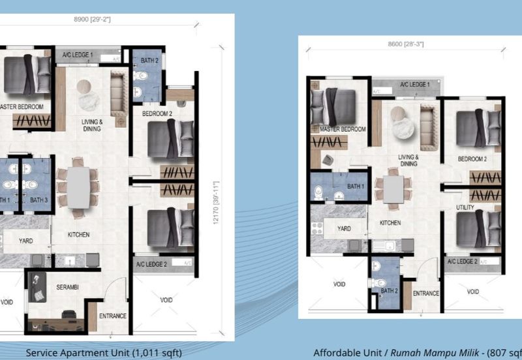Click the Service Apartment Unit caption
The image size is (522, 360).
tap(104, 353)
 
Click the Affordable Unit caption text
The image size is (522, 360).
tap(418, 353)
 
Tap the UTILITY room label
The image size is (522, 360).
tap(465, 207)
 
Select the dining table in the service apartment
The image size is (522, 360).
tap(78, 187)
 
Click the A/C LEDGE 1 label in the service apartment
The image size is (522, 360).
tap(78, 55)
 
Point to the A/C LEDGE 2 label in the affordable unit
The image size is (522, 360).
tap(463, 262)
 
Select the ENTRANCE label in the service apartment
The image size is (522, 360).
tap(112, 316)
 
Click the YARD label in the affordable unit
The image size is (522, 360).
tap(343, 229)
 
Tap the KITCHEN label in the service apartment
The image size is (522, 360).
tap(78, 235)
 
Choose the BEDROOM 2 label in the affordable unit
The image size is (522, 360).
tap(472, 158)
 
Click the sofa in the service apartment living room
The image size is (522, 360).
tap(119, 100)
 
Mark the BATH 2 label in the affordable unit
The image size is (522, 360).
tap(389, 291)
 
